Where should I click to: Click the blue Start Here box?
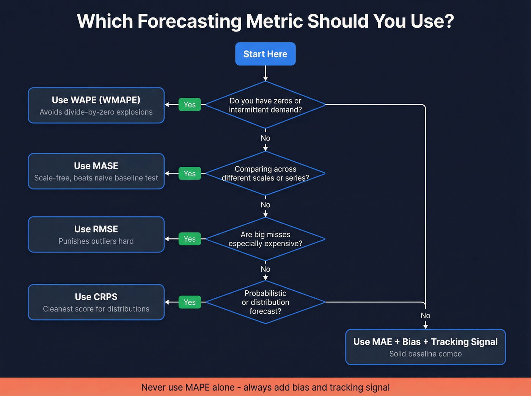click(265, 54)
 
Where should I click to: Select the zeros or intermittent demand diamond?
click(265, 105)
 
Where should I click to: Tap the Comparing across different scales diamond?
click(265, 174)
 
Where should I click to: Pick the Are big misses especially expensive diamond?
click(265, 239)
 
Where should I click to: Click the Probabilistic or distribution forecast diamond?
click(265, 302)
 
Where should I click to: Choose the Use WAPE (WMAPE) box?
click(96, 105)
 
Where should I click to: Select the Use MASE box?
click(96, 171)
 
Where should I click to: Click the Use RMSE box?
click(96, 235)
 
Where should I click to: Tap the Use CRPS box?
click(96, 302)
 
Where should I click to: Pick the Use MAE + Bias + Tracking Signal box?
click(425, 347)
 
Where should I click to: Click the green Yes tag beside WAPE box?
click(190, 105)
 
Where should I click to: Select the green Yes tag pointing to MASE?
click(190, 174)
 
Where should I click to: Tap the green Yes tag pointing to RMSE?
click(190, 239)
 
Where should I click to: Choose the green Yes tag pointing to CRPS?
click(190, 302)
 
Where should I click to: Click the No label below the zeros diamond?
click(265, 138)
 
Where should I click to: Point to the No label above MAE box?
click(425, 316)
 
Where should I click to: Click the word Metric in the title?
click(275, 21)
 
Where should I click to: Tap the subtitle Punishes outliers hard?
click(96, 241)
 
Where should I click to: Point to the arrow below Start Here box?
click(265, 74)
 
